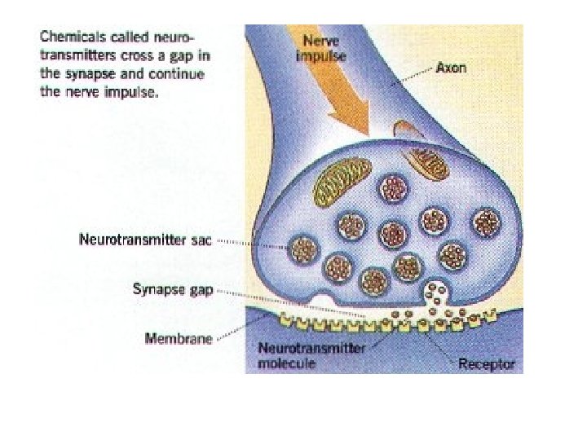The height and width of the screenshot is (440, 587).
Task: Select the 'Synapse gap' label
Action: (172, 288)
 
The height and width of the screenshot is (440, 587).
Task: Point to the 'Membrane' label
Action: (179, 337)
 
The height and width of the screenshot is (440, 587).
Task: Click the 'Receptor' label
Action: (487, 363)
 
